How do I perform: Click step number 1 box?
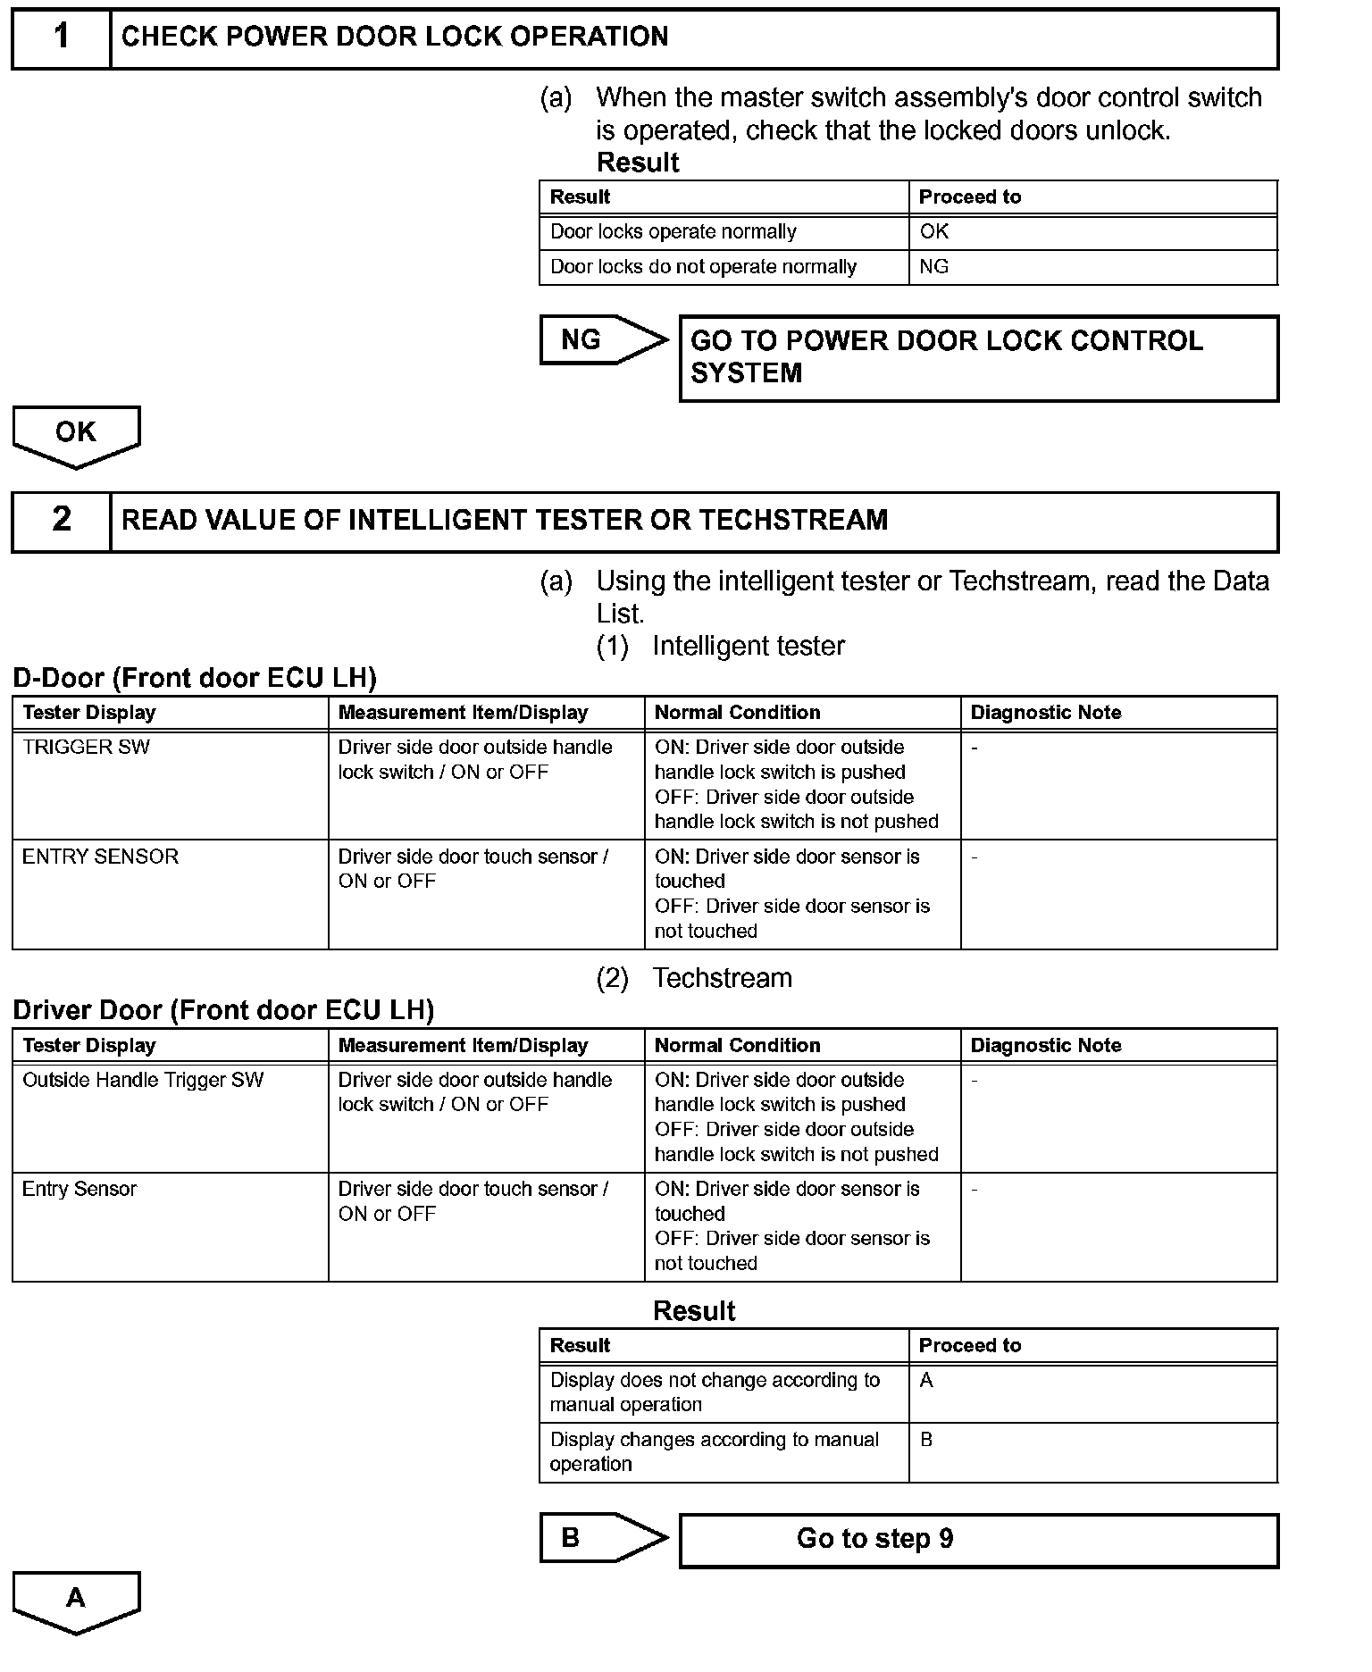(x=61, y=38)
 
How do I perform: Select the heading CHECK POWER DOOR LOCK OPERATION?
(x=395, y=37)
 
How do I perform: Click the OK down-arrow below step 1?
(x=76, y=435)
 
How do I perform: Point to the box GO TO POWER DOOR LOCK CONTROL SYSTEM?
(x=978, y=357)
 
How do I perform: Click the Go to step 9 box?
(x=978, y=1539)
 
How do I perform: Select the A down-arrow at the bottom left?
(x=76, y=1600)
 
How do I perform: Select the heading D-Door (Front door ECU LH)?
(x=195, y=678)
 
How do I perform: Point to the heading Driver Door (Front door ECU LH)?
(x=223, y=1010)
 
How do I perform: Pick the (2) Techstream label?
(x=694, y=978)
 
